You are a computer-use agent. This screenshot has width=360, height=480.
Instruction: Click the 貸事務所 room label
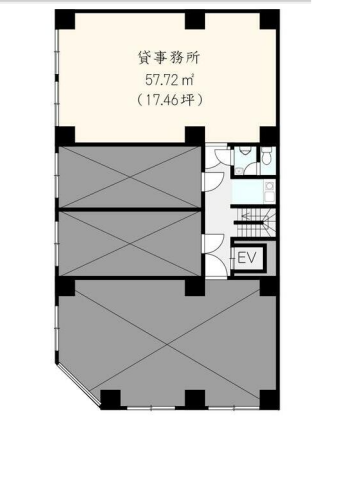[168, 58]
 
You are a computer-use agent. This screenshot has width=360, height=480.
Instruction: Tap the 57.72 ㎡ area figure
[170, 80]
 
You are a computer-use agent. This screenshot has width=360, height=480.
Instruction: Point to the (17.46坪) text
[170, 100]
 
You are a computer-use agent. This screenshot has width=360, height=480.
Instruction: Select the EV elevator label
[247, 258]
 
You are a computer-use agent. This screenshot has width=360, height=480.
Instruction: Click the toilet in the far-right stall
[267, 156]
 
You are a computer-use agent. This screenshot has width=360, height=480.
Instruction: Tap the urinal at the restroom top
[245, 150]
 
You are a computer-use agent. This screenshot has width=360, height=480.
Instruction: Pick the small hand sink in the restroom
[238, 171]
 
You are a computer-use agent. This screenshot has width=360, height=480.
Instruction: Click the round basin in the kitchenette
[269, 185]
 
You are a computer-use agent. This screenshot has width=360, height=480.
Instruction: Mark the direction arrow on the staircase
[245, 216]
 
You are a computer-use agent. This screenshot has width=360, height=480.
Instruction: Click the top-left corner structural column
[65, 20]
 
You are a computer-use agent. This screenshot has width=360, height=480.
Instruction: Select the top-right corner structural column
[269, 20]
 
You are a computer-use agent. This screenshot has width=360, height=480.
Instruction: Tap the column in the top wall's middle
[195, 20]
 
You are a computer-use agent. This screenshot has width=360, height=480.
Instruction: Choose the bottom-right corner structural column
[269, 399]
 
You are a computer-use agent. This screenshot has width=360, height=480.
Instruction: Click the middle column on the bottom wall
[195, 399]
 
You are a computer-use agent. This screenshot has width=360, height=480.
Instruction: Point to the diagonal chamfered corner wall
[79, 384]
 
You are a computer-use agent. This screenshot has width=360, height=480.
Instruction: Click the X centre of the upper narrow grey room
[130, 177]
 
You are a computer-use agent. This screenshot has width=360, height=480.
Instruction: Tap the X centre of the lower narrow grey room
[130, 243]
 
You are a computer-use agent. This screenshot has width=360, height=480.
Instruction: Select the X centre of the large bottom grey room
[168, 345]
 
